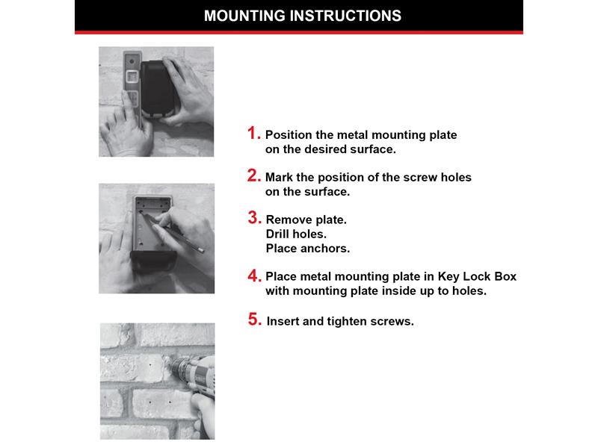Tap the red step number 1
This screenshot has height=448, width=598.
tap(253, 134)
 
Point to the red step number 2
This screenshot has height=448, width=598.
tap(253, 177)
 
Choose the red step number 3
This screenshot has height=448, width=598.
tap(253, 219)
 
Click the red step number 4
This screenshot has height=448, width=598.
tap(253, 276)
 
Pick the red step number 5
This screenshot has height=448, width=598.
tap(254, 320)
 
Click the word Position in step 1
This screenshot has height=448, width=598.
tap(289, 135)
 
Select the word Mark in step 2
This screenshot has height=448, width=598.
tap(279, 178)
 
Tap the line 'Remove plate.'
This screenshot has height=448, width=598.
tap(306, 220)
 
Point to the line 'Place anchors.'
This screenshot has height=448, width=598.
tap(307, 248)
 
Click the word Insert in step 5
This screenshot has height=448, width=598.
tap(283, 322)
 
